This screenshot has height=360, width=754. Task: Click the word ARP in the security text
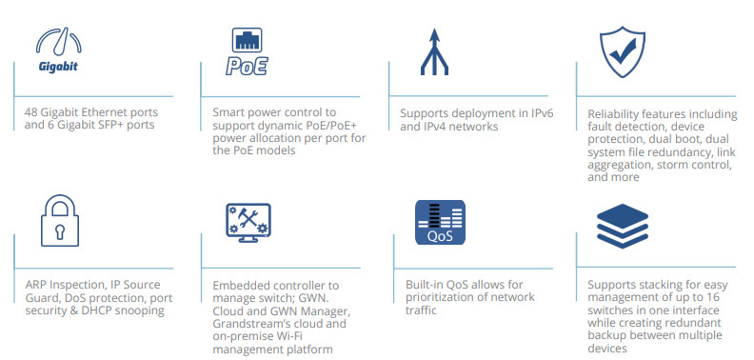point(37,284)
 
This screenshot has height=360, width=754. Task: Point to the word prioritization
point(445,297)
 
